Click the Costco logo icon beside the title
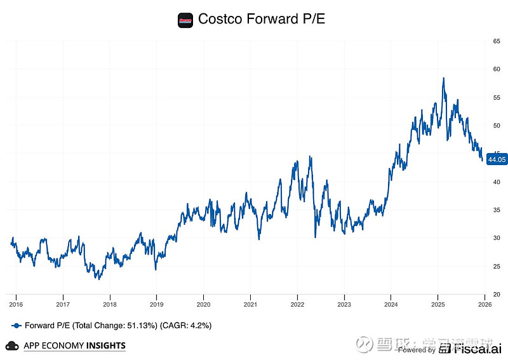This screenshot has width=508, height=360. [185, 19]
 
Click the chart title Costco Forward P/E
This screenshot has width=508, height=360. [262, 19]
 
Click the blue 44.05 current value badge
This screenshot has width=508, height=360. [495, 160]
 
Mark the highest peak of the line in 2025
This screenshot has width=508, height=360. [443, 78]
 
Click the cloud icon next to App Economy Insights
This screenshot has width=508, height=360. [11, 345]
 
